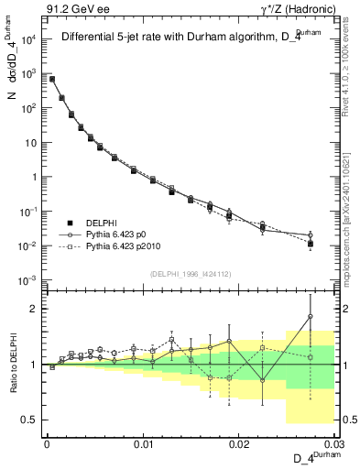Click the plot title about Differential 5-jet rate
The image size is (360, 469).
[180, 38]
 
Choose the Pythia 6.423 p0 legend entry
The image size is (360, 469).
[115, 234]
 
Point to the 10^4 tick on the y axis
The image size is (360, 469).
[29, 39]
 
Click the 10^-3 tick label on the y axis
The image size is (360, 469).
[28, 280]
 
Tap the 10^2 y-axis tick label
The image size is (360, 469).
[29, 108]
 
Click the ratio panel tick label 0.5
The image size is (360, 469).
[30, 420]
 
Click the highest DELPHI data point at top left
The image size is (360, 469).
[52, 80]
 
